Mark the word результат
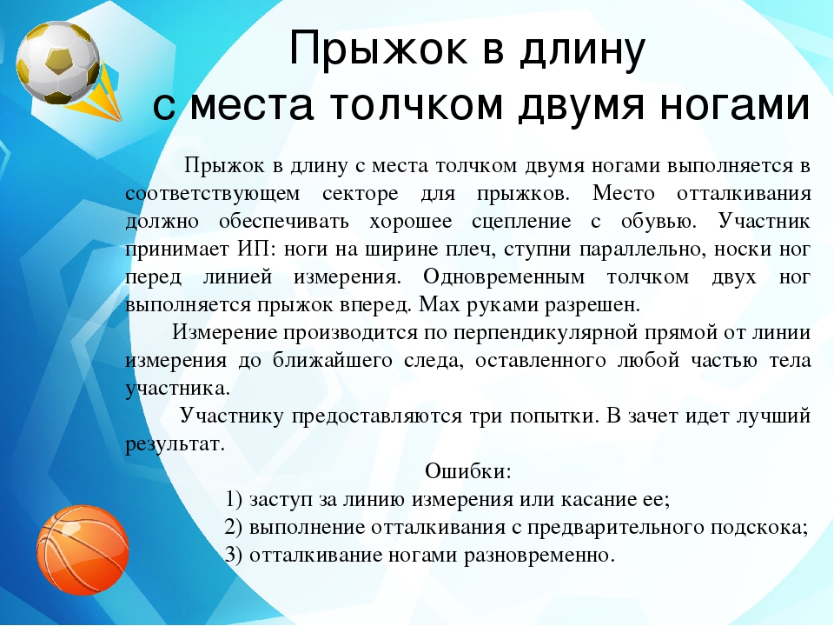pyautogui.click(x=174, y=443)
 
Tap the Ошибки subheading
pyautogui.click(x=469, y=471)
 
